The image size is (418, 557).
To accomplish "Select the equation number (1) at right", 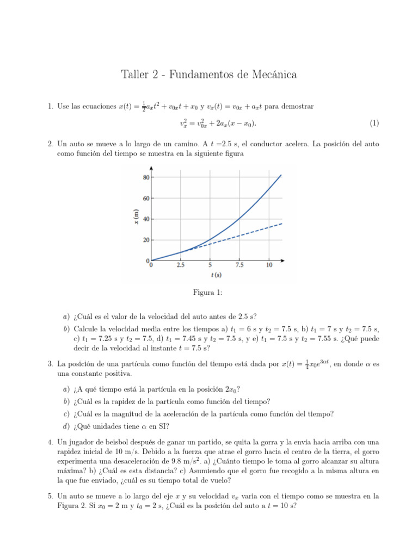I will (374, 123).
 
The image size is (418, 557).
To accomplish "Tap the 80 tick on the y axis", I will (146, 177).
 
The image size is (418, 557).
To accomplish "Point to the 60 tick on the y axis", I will (146, 198).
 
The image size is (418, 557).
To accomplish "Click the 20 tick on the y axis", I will (146, 240).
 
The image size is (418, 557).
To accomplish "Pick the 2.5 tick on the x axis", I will (180, 265).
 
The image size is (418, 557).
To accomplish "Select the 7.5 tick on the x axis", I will (239, 265).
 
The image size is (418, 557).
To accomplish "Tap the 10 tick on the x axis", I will (269, 265).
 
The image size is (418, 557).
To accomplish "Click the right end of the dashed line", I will (281, 223).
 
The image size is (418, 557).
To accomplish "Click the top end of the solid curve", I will (281, 175).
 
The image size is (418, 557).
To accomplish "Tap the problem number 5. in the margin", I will (51, 496).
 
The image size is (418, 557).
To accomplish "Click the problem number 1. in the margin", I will (51, 106).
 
